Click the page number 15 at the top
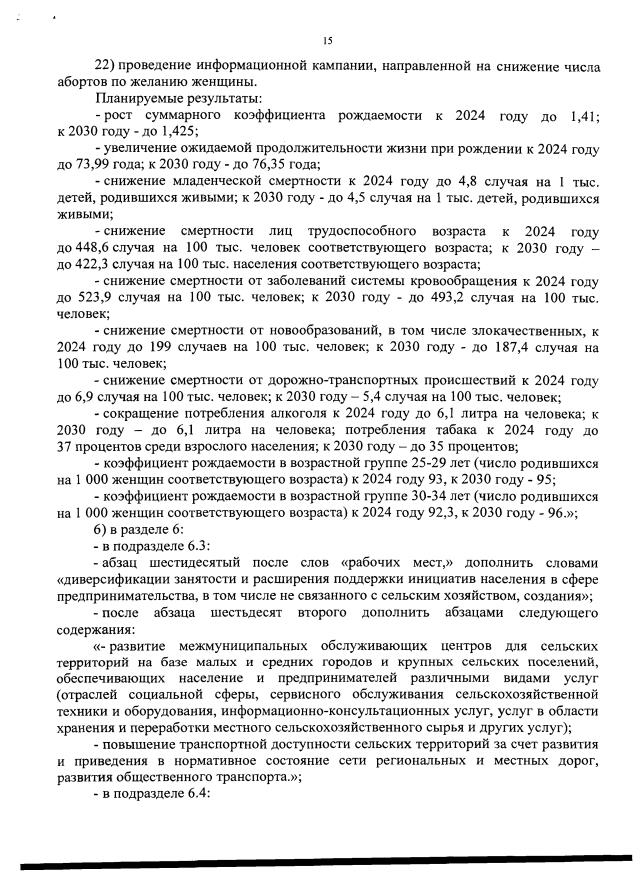327,40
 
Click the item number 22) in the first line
106,67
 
